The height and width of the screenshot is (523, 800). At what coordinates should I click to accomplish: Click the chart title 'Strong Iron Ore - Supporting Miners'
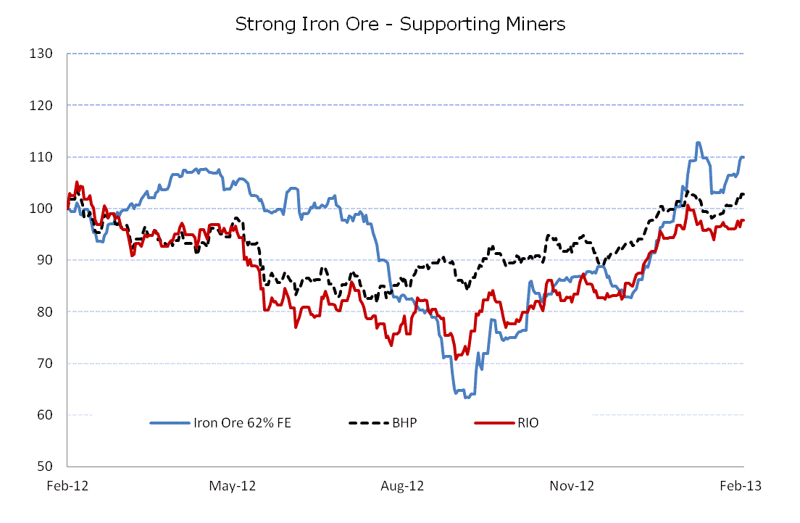[400, 24]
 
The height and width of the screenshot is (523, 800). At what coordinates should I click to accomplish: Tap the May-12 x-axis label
[233, 486]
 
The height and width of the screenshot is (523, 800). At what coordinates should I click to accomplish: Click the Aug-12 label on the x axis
[402, 486]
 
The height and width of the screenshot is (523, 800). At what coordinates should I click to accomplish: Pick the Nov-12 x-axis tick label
[572, 486]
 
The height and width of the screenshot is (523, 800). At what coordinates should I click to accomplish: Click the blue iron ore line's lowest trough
[467, 398]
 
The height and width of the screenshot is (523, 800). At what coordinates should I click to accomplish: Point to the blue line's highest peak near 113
[697, 143]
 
